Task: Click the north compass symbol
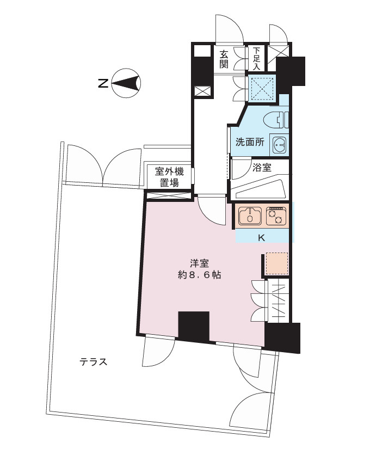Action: pos(126,83)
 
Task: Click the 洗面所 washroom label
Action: pos(249,143)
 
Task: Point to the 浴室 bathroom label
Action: pos(262,167)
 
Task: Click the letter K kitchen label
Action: pos(261,237)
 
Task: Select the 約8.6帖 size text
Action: pos(199,275)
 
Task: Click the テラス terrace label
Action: pos(93,361)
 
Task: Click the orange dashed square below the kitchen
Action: pos(276,264)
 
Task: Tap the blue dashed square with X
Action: pos(262,88)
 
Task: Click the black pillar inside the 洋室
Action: pos(194,326)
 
